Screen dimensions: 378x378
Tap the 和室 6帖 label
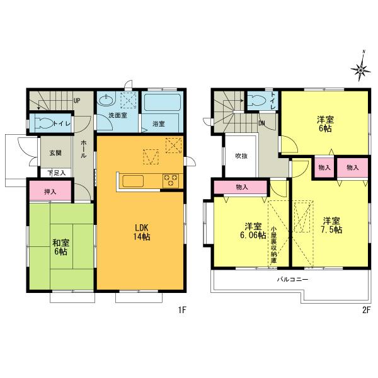point(60,247)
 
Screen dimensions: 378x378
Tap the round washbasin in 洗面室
point(106,101)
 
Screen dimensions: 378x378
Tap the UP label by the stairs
point(77,101)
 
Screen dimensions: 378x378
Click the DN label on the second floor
point(262,123)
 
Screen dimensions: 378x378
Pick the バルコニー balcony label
point(290,278)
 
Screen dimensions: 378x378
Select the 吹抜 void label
point(241,156)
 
